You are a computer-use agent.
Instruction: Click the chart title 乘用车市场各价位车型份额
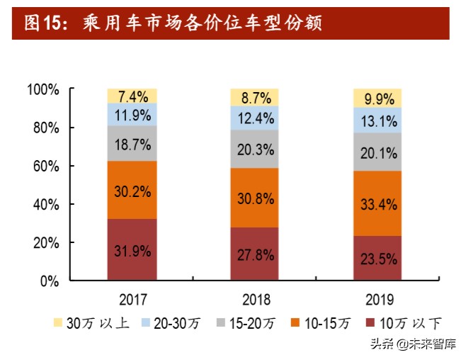[173, 23]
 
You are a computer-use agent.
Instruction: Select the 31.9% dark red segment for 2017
[132, 249]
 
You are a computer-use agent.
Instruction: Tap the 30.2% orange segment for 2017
[132, 190]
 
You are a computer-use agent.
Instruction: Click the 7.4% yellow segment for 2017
[132, 96]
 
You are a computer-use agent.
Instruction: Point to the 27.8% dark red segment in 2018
[254, 254]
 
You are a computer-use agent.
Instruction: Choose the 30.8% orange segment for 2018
[254, 198]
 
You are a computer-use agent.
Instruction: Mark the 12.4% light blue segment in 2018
[254, 118]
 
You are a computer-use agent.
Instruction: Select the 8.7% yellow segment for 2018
[254, 97]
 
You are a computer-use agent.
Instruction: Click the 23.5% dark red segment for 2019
[377, 258]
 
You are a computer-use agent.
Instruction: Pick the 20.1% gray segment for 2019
[377, 152]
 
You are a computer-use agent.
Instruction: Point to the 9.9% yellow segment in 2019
[377, 99]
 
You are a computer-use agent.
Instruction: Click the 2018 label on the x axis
[254, 298]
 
